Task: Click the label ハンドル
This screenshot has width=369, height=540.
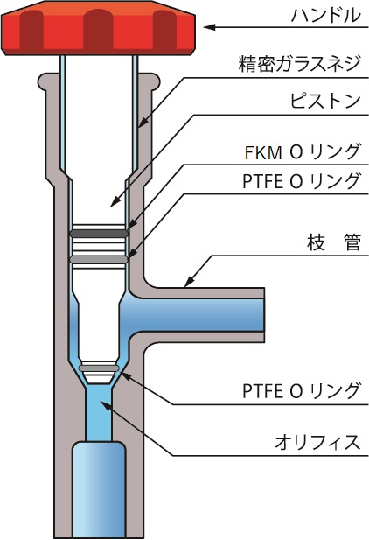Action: pyautogui.click(x=325, y=16)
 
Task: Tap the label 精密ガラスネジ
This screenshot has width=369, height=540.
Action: pyautogui.click(x=299, y=63)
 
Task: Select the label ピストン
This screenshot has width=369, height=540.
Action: pyautogui.click(x=325, y=101)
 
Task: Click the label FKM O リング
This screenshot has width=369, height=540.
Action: pyautogui.click(x=303, y=151)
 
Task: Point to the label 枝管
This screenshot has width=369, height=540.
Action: pyautogui.click(x=333, y=242)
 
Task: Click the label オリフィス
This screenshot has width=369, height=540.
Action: pyautogui.click(x=317, y=442)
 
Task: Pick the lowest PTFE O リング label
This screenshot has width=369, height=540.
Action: pyautogui.click(x=301, y=390)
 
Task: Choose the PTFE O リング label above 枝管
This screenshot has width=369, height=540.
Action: pyautogui.click(x=301, y=181)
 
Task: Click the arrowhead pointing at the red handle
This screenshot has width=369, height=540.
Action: pyautogui.click(x=210, y=27)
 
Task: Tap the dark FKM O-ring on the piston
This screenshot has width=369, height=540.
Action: pyautogui.click(x=99, y=234)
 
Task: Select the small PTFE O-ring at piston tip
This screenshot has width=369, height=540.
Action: pyautogui.click(x=99, y=368)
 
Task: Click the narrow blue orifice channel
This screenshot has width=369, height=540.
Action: pyautogui.click(x=99, y=413)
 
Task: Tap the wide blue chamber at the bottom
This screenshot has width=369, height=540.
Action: pyautogui.click(x=99, y=489)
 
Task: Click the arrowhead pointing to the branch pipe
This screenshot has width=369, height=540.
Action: pyautogui.click(x=188, y=283)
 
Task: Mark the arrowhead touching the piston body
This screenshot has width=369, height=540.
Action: pyautogui.click(x=115, y=202)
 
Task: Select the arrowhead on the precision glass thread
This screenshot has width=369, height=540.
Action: pyautogui.click(x=143, y=123)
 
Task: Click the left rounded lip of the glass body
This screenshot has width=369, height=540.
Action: pyautogui.click(x=43, y=81)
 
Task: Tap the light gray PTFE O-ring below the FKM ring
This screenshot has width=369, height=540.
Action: pyautogui.click(x=99, y=260)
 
